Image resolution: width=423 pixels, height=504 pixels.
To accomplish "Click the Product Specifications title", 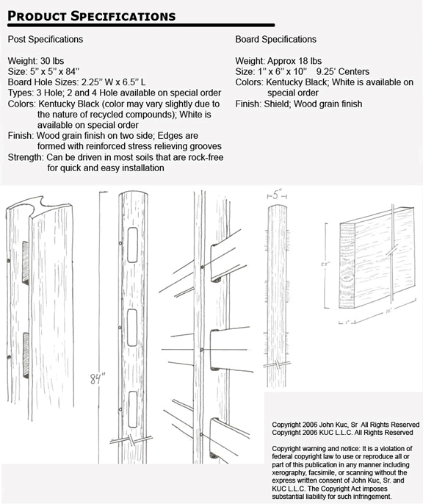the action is [x=92, y=16].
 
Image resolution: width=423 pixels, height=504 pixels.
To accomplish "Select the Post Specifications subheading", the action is [x=46, y=39].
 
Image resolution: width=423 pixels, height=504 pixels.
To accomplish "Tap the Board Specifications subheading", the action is [x=275, y=39].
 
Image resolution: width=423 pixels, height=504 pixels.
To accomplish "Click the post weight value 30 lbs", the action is [x=52, y=61].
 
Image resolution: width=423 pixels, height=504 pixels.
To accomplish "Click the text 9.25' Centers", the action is [x=343, y=71].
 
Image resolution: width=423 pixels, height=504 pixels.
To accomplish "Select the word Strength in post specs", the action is [x=25, y=157].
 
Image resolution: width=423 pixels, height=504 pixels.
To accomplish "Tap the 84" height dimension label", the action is [x=98, y=378].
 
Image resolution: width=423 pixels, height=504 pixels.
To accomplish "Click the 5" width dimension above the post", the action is [x=277, y=195].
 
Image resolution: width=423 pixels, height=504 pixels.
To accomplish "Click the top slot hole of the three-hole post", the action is [x=133, y=245].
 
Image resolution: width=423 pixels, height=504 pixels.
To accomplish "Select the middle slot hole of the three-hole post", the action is [x=132, y=327].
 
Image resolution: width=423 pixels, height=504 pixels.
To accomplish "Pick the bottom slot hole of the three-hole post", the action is [x=134, y=409].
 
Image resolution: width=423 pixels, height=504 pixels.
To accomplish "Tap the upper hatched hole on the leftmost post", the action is [x=26, y=262].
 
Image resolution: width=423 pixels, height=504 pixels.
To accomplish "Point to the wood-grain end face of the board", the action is [x=347, y=265].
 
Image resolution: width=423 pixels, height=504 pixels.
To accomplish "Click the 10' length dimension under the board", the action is [x=387, y=312].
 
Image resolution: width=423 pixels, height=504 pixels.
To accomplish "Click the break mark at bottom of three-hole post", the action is [x=131, y=439].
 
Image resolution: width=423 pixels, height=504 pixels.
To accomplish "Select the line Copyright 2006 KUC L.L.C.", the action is [x=342, y=433].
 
